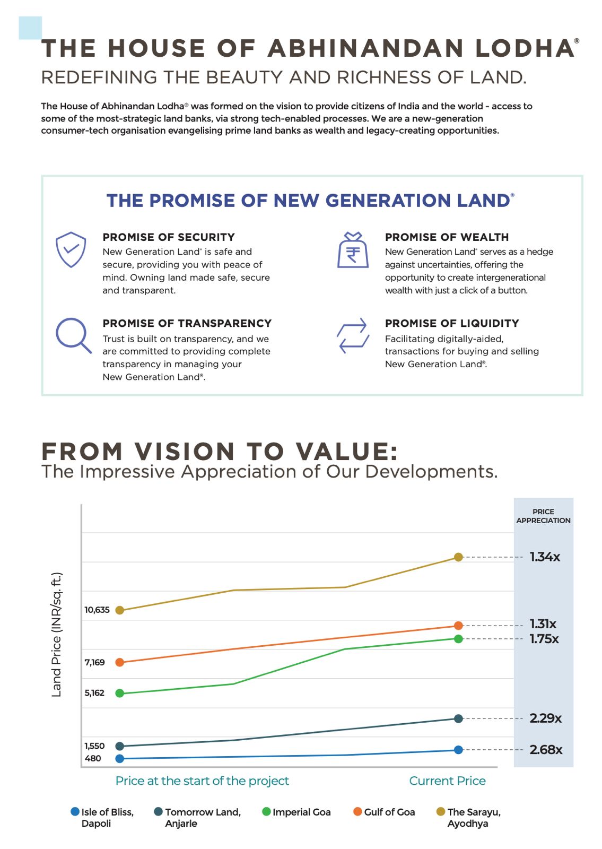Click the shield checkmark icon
click(x=71, y=249)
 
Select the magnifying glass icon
click(x=73, y=335)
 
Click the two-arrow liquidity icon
click(x=353, y=335)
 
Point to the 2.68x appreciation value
click(x=546, y=749)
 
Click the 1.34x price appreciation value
click(x=545, y=557)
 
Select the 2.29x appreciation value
click(x=545, y=718)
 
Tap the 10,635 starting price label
click(x=97, y=610)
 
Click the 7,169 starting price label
click(x=95, y=662)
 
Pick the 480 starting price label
click(x=93, y=758)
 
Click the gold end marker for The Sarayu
click(x=459, y=557)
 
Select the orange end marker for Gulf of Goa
click(x=459, y=626)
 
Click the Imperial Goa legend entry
click(x=296, y=812)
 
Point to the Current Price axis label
click(x=447, y=781)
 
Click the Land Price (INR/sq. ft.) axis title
click(x=57, y=634)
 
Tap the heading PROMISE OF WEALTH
click(x=447, y=237)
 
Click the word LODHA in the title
click(x=525, y=48)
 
